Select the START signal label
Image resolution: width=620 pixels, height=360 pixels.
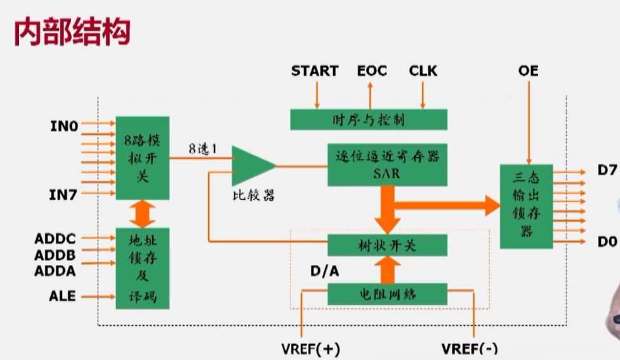[x=315, y=70]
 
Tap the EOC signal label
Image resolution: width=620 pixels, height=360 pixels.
[x=372, y=70]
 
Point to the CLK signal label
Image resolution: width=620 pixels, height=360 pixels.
[x=423, y=70]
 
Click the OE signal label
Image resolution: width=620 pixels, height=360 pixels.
[x=528, y=70]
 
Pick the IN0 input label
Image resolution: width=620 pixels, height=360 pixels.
[x=63, y=127]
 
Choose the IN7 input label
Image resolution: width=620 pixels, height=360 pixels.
[x=63, y=195]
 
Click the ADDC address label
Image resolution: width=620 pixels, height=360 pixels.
[x=55, y=239]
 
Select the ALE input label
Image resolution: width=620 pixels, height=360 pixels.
[x=63, y=295]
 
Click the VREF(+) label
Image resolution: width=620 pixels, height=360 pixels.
[x=311, y=349]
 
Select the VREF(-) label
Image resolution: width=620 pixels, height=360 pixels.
[x=470, y=349]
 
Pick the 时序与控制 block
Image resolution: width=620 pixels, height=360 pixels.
[x=369, y=119]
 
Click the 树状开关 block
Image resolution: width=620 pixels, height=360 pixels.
[x=387, y=244]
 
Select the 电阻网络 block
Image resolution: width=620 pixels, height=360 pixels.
[x=387, y=294]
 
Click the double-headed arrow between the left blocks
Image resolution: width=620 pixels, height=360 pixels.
[x=143, y=214]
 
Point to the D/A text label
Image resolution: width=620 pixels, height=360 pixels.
[x=324, y=272]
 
